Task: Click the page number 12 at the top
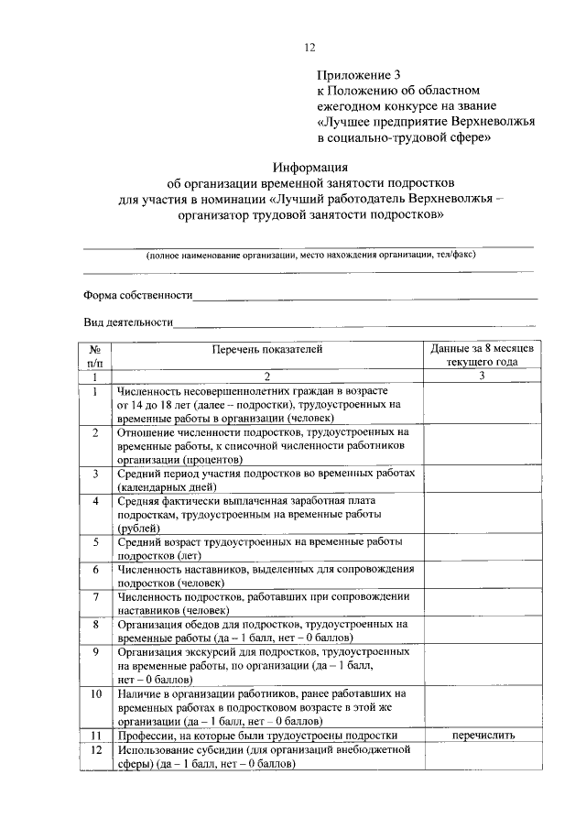tap(309, 48)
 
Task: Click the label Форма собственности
tap(137, 295)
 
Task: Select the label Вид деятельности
tap(128, 322)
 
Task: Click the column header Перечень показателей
tap(266, 348)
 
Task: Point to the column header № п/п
tap(94, 355)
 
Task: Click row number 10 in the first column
tap(94, 694)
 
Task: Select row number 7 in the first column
tap(94, 596)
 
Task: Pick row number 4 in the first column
tap(94, 501)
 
